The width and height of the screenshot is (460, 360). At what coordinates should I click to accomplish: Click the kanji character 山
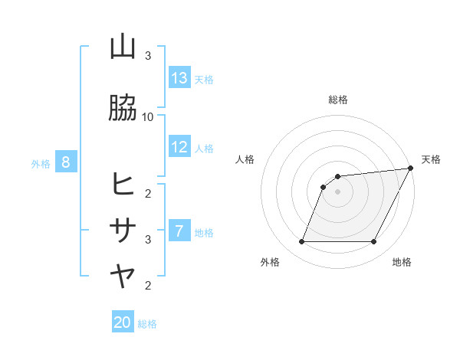click(x=123, y=47)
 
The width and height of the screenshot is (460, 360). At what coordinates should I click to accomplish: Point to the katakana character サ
click(x=123, y=230)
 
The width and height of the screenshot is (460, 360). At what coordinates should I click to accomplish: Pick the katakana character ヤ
click(x=123, y=277)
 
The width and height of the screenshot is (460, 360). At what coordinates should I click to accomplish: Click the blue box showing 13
click(x=179, y=78)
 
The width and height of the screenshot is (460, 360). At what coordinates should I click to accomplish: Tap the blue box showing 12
click(x=179, y=147)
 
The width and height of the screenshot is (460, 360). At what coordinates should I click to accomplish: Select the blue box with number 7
click(x=179, y=231)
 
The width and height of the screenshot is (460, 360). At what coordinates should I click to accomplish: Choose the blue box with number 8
click(x=66, y=162)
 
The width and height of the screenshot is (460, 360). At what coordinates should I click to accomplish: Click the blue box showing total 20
click(x=123, y=322)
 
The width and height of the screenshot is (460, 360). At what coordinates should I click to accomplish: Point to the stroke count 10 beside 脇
click(x=148, y=116)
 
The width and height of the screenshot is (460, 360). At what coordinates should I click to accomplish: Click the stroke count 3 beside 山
click(x=148, y=56)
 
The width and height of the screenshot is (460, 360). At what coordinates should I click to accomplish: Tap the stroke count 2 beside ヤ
click(x=148, y=286)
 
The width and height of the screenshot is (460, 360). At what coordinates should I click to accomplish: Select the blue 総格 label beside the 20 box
click(x=147, y=324)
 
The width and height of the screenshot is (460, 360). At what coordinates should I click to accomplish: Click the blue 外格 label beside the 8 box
click(x=41, y=163)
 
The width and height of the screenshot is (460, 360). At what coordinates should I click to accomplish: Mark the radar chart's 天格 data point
click(x=411, y=169)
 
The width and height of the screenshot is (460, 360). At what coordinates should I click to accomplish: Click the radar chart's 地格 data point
click(x=374, y=242)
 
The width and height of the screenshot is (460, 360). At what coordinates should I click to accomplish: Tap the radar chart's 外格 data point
click(x=301, y=242)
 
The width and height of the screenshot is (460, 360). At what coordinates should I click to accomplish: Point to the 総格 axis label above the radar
click(x=338, y=100)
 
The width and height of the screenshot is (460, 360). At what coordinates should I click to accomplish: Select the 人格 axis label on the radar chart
click(x=245, y=159)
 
